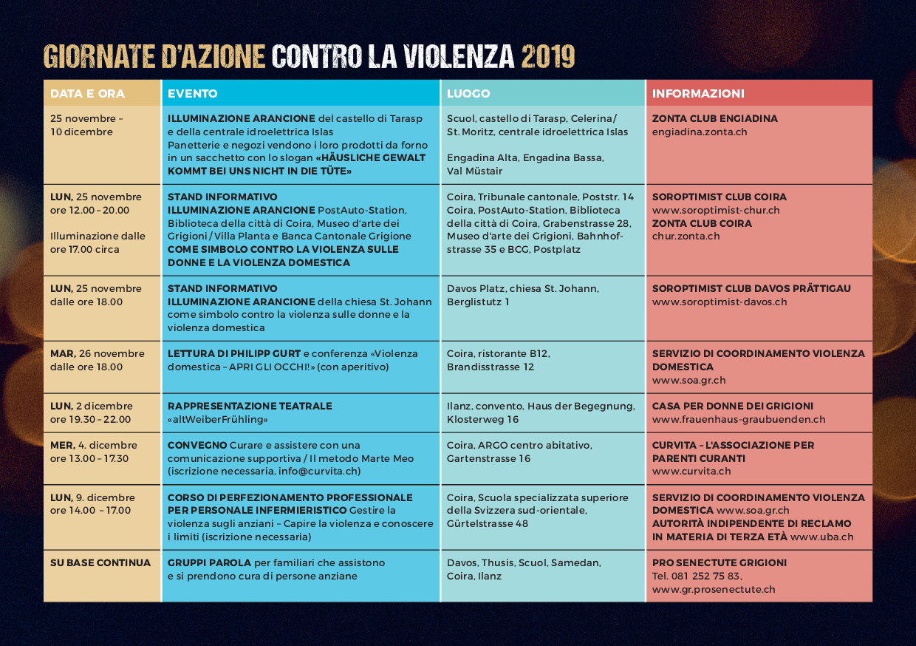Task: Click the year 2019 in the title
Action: click(547, 55)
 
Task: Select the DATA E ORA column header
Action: click(87, 94)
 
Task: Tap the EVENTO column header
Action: click(192, 94)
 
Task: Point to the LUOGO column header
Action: click(468, 94)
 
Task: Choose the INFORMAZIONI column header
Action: click(698, 94)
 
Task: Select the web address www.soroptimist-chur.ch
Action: click(716, 211)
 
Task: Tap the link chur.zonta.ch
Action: click(686, 237)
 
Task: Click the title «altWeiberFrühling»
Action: click(218, 420)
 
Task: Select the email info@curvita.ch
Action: click(318, 472)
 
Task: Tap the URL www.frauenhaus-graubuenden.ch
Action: click(739, 420)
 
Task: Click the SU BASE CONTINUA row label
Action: click(100, 563)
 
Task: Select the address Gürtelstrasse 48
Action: click(488, 524)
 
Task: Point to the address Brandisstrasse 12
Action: click(491, 367)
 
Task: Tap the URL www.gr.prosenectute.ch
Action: click(714, 590)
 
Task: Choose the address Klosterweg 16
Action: click(482, 420)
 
